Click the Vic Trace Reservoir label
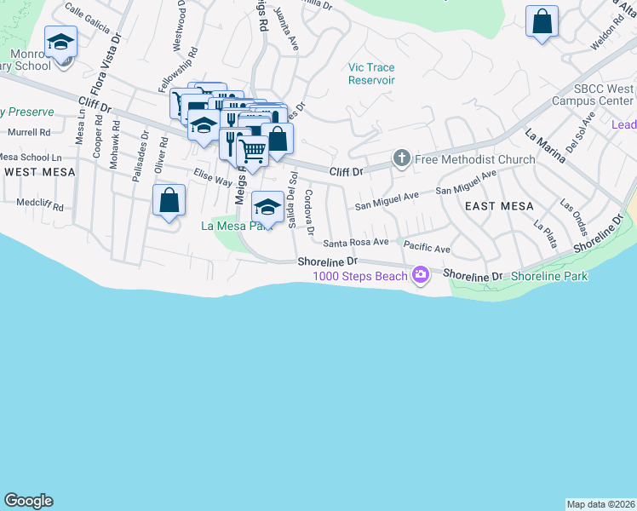tap(371, 74)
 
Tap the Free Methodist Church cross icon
tap(401, 158)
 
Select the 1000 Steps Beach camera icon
tap(419, 274)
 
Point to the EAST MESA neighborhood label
tap(498, 206)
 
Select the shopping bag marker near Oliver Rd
tap(169, 201)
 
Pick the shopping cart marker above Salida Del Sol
tap(253, 152)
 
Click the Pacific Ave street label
tap(427, 248)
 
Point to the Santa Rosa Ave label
tap(355, 243)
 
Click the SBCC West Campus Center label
tap(603, 95)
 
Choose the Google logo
tap(28, 501)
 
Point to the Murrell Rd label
tap(29, 133)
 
